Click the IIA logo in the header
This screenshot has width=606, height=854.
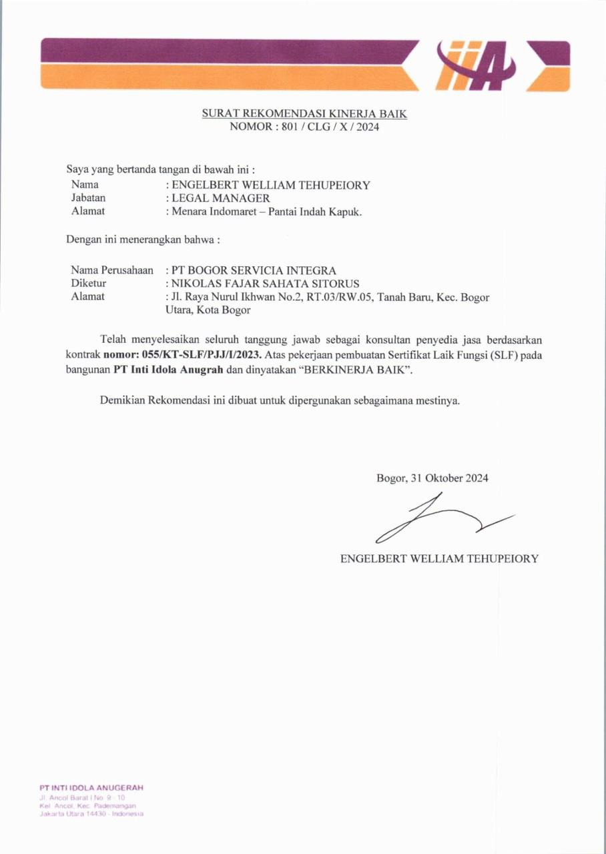point(475,65)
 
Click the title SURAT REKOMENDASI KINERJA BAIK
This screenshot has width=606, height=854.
point(304,114)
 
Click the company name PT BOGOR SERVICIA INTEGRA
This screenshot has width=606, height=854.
point(254,270)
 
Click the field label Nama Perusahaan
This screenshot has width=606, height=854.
point(112,270)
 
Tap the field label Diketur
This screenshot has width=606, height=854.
point(89,284)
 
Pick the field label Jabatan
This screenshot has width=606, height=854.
point(88,198)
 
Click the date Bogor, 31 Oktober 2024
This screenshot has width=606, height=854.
point(432,478)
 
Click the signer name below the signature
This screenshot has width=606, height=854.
point(438,558)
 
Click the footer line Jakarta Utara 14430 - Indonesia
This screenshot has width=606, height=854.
point(91,813)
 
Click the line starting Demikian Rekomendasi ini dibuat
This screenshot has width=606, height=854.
point(280,401)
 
